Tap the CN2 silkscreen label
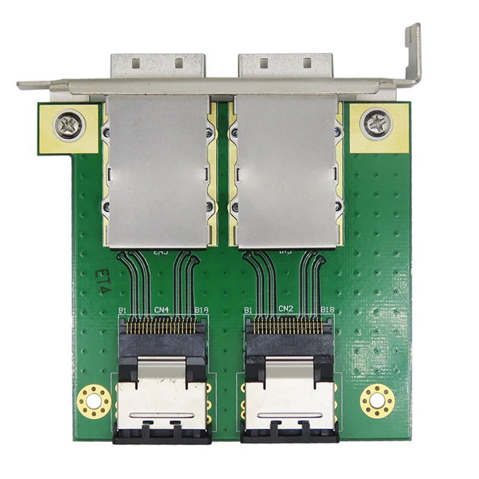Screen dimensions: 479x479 pyautogui.click(x=286, y=309)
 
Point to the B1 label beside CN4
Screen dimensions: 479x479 pyautogui.click(x=123, y=310)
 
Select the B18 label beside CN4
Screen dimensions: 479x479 pyautogui.click(x=202, y=310)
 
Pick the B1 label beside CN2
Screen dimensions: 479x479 pyautogui.click(x=247, y=310)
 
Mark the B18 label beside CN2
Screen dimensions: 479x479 pyautogui.click(x=327, y=310)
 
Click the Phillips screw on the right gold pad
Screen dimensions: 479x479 pyautogui.click(x=376, y=124)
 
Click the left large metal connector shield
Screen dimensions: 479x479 pyautogui.click(x=157, y=171)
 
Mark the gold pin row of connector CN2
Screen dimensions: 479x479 pyautogui.click(x=287, y=327)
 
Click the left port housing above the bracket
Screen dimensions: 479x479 pyautogui.click(x=157, y=65)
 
